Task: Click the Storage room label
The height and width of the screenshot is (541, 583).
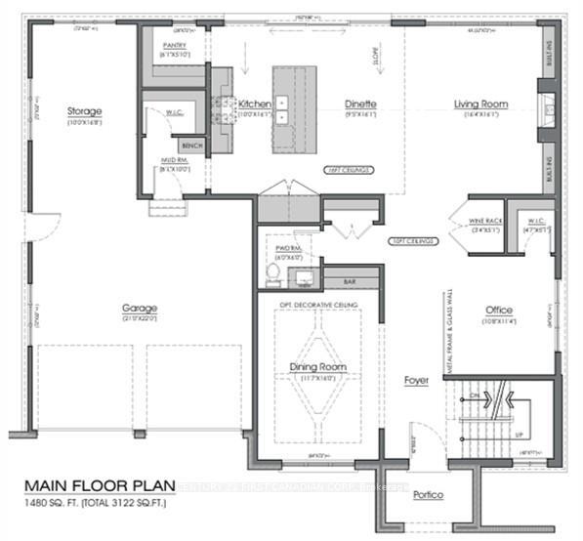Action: click(x=84, y=111)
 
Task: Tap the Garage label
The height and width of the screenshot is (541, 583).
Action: click(x=141, y=310)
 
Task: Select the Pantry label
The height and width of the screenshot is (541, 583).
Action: click(x=176, y=45)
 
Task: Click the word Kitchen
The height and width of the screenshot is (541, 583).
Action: click(x=255, y=104)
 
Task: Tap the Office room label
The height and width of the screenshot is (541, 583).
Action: click(x=499, y=311)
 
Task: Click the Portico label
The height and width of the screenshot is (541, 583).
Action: click(x=427, y=495)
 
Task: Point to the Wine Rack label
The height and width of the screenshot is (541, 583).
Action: click(x=485, y=222)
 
